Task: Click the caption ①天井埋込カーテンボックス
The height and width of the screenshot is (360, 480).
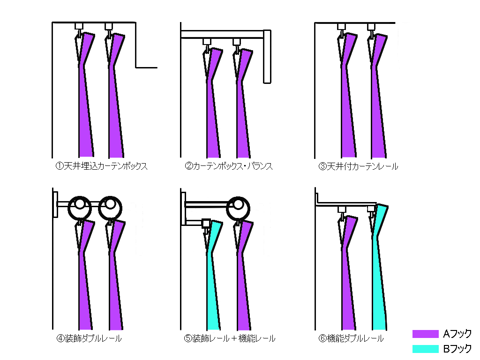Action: click(x=101, y=166)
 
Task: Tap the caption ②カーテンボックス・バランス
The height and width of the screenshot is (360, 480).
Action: click(x=229, y=166)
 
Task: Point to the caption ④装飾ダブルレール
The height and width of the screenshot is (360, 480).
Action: click(x=89, y=338)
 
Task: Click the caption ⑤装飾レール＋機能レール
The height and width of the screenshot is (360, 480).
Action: click(x=230, y=338)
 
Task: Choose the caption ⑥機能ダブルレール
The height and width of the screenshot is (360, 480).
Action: click(x=351, y=338)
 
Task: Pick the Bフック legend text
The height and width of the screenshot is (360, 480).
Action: click(x=457, y=349)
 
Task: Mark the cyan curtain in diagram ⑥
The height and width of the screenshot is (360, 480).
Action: click(x=380, y=281)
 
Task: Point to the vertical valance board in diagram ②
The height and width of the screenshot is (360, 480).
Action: click(x=267, y=56)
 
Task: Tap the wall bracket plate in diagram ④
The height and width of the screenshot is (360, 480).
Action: click(x=55, y=204)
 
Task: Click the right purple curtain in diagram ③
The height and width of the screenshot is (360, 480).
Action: click(x=379, y=117)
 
